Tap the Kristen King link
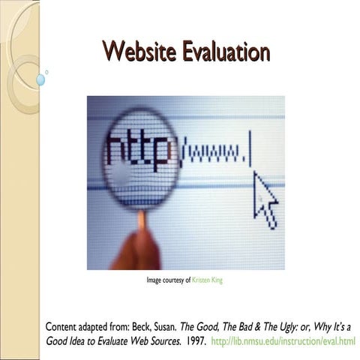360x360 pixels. point(208,280)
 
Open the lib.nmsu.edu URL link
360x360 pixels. point(284,342)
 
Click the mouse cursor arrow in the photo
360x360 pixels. point(265,198)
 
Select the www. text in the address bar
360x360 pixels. point(217,154)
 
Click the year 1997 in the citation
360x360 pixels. point(193,342)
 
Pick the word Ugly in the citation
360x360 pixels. point(276,328)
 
